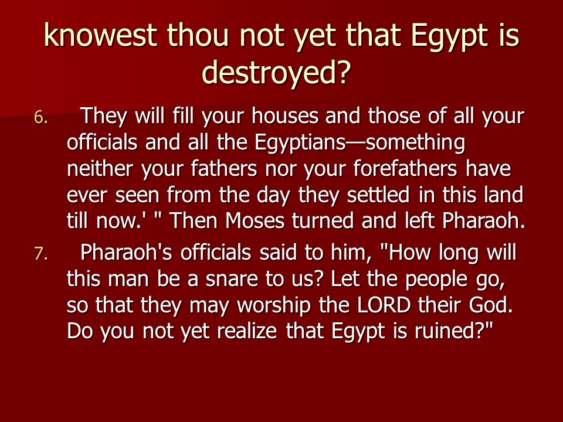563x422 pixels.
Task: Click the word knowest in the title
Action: (x=100, y=36)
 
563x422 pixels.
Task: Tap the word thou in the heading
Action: (x=198, y=36)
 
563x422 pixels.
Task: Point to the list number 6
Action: (x=41, y=117)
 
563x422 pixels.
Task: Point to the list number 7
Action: (x=41, y=254)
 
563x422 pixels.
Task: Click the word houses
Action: (x=285, y=116)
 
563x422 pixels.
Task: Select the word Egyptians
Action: (x=300, y=143)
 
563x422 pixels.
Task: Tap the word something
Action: (x=416, y=143)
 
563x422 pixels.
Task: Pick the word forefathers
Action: (x=405, y=168)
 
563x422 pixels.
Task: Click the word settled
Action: (x=378, y=195)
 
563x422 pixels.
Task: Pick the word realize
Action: (x=247, y=331)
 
